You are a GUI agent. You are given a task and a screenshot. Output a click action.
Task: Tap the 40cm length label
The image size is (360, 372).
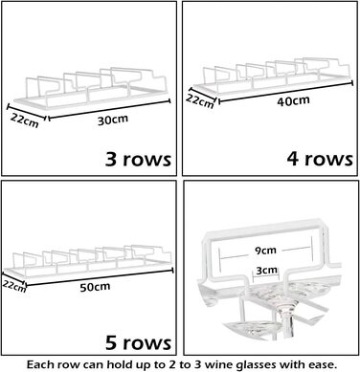293,101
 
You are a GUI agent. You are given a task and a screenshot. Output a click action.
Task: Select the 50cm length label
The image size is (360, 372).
95,287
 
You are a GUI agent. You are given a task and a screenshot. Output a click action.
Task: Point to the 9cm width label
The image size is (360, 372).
265,251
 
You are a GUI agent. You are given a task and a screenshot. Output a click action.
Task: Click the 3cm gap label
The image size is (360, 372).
267,271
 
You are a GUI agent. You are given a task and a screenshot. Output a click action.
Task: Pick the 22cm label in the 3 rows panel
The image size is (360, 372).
25,120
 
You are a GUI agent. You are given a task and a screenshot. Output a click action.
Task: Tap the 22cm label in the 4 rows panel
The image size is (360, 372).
200,101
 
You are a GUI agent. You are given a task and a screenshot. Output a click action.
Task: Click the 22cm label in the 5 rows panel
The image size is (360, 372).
14,286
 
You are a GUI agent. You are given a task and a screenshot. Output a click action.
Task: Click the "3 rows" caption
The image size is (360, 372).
138,159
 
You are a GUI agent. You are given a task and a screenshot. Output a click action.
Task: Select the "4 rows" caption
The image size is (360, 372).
320,159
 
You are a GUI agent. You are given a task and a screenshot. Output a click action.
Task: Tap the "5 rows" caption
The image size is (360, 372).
138,342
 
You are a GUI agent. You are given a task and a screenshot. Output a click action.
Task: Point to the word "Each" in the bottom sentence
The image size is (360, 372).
38,364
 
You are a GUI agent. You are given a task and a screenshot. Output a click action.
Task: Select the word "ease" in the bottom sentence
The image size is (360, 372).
323,364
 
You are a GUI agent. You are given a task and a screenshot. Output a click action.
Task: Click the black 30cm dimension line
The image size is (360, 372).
109,110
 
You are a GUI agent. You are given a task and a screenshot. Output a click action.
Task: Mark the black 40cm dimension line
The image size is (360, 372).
285,93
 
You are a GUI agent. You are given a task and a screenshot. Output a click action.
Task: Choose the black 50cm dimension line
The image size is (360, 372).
100,277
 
